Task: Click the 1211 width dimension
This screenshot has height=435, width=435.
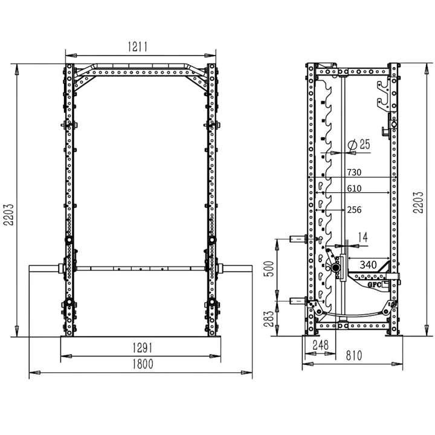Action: pos(138,47)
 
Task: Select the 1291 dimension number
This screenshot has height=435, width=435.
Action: pos(142,348)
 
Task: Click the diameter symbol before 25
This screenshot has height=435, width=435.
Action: pos(352,144)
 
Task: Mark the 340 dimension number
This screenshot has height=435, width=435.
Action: pos(369,264)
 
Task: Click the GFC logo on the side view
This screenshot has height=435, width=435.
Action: pos(374,282)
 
